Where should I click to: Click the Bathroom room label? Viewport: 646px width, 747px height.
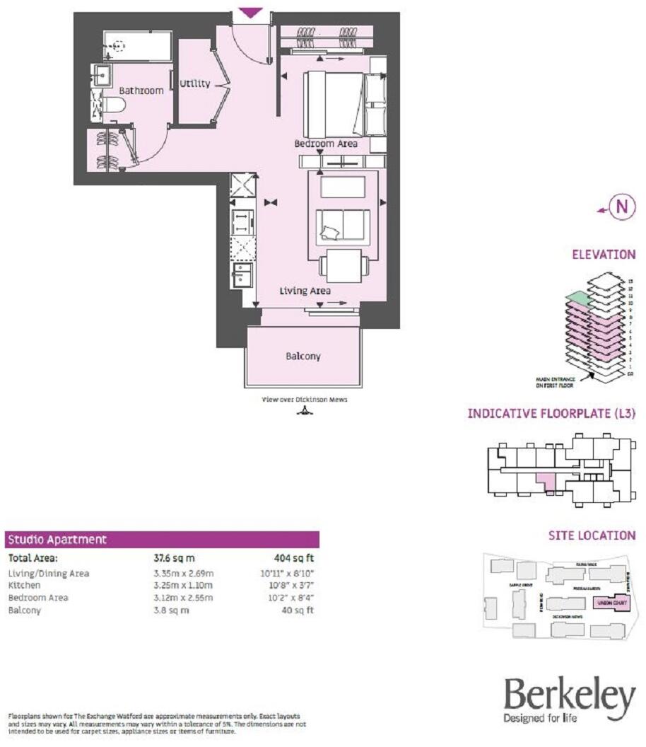(x=141, y=91)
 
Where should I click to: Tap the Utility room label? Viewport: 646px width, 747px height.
(x=194, y=83)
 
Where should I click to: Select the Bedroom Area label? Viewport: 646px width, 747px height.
(x=326, y=144)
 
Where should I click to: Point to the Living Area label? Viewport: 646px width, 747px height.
(x=305, y=290)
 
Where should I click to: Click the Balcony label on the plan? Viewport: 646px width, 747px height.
(x=303, y=356)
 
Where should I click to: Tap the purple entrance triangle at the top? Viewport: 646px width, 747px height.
(x=251, y=13)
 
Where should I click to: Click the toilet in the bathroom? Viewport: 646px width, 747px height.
(x=112, y=107)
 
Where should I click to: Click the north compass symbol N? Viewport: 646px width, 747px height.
(x=621, y=207)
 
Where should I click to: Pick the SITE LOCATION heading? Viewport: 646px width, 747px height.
(x=592, y=535)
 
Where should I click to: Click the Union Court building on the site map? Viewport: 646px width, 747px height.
(x=609, y=604)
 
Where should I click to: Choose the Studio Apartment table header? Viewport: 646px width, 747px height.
(x=57, y=539)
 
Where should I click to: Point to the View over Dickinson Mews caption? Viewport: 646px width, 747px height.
(x=305, y=399)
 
